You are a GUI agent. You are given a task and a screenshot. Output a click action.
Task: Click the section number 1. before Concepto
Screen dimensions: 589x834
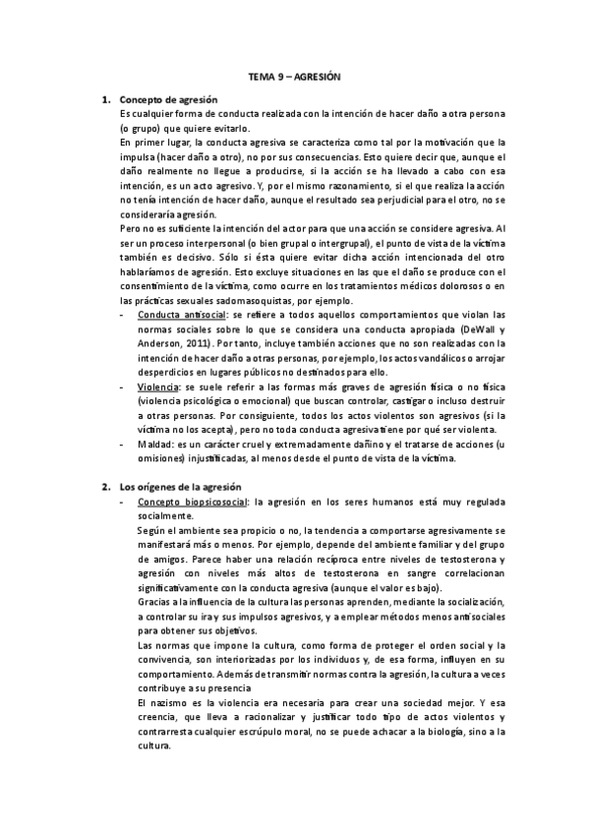tap(106, 100)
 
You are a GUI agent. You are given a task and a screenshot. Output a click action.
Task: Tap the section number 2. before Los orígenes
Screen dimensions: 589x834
tap(106, 487)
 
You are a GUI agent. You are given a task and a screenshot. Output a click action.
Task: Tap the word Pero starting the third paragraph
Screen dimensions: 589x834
tap(128, 229)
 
